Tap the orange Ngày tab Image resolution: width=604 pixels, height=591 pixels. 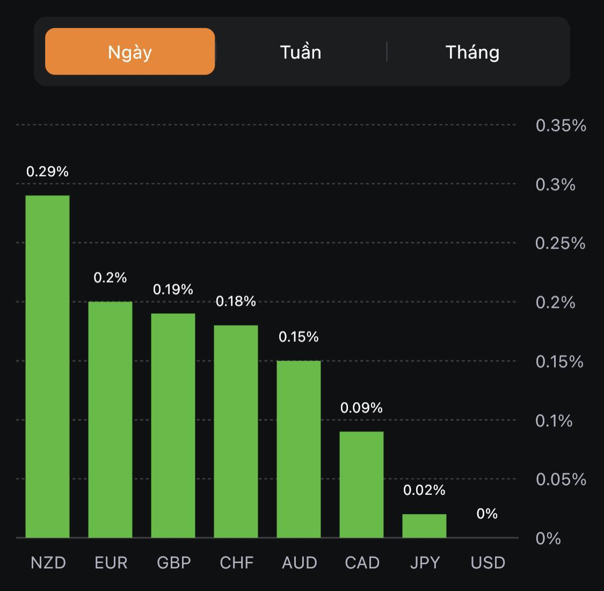pyautogui.click(x=130, y=52)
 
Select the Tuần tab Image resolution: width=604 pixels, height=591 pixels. pyautogui.click(x=301, y=52)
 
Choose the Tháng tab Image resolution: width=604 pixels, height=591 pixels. pyautogui.click(x=472, y=52)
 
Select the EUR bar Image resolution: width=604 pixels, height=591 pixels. pyautogui.click(x=110, y=420)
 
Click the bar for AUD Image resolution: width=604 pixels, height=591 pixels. pyautogui.click(x=299, y=449)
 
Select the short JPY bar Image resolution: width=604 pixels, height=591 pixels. pyautogui.click(x=424, y=526)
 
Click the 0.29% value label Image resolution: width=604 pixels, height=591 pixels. pyautogui.click(x=47, y=171)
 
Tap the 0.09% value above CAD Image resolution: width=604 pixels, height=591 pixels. pyautogui.click(x=361, y=408)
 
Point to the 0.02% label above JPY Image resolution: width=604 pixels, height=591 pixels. pyautogui.click(x=424, y=490)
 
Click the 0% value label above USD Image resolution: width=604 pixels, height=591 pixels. pyautogui.click(x=487, y=514)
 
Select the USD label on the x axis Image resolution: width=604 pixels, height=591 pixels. pyautogui.click(x=487, y=563)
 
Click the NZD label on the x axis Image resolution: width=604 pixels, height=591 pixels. pyautogui.click(x=48, y=563)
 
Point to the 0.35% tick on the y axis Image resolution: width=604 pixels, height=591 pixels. pyautogui.click(x=561, y=126)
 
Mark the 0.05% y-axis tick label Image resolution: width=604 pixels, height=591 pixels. pyautogui.click(x=561, y=479)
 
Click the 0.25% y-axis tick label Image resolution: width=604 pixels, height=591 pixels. pyautogui.click(x=560, y=243)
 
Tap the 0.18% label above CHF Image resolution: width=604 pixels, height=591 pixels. pyautogui.click(x=236, y=301)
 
